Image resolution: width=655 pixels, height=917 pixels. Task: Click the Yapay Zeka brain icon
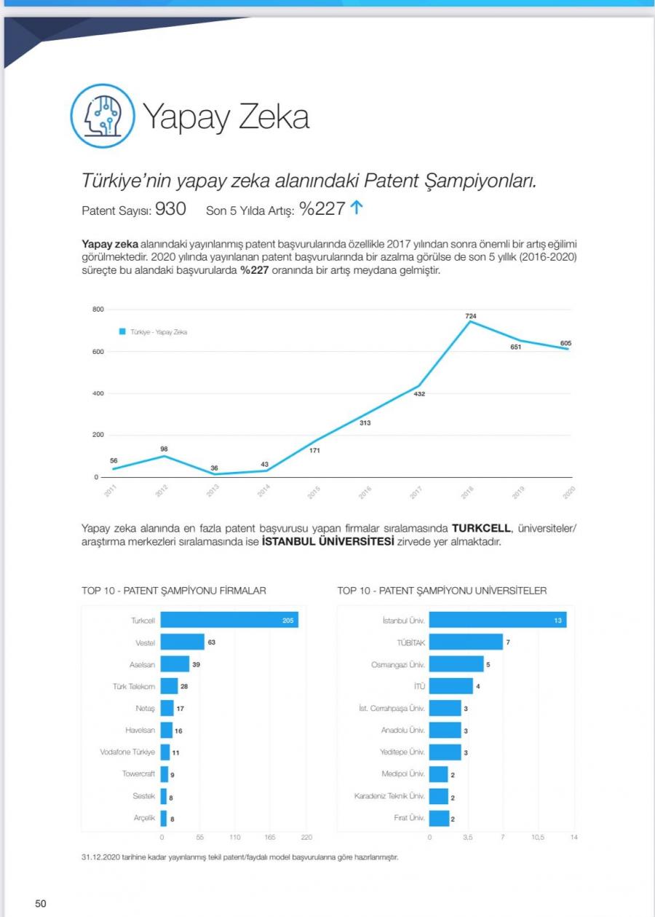(103, 116)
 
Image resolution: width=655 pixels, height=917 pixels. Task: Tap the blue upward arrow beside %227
(356, 208)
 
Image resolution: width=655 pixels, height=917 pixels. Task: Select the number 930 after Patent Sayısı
(170, 209)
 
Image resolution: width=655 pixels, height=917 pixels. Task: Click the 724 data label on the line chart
(471, 315)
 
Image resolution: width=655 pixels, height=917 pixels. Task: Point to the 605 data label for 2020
(565, 343)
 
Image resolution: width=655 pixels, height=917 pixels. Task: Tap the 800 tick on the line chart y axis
(98, 310)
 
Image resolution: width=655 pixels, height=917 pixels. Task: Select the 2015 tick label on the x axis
(314, 493)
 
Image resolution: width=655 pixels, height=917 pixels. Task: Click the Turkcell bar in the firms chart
(229, 621)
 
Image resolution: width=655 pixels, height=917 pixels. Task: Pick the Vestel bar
(182, 642)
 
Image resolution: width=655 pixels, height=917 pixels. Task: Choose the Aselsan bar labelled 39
(175, 664)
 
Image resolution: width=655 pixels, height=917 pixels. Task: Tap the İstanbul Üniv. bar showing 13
(498, 621)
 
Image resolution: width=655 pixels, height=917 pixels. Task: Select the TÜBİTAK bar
(466, 642)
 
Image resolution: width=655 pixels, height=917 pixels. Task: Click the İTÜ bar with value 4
(451, 686)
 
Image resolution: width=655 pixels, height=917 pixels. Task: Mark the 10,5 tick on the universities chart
(538, 838)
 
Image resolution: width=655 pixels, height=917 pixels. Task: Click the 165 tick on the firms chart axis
(270, 838)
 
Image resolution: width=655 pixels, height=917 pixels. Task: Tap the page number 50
(41, 903)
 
